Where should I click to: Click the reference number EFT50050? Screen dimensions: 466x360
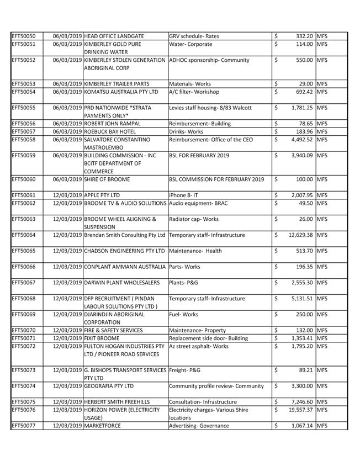[x=24, y=36]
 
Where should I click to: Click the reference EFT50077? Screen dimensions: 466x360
[x=24, y=426]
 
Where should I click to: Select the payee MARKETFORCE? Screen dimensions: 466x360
[x=102, y=426]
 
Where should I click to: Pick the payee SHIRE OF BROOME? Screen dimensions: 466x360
[x=107, y=179]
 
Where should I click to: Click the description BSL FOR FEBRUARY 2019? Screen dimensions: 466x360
[x=199, y=156]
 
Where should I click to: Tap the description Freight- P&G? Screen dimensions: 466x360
[x=184, y=370]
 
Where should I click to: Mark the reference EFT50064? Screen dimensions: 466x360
[x=24, y=235]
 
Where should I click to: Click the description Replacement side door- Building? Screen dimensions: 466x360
[x=209, y=338]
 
